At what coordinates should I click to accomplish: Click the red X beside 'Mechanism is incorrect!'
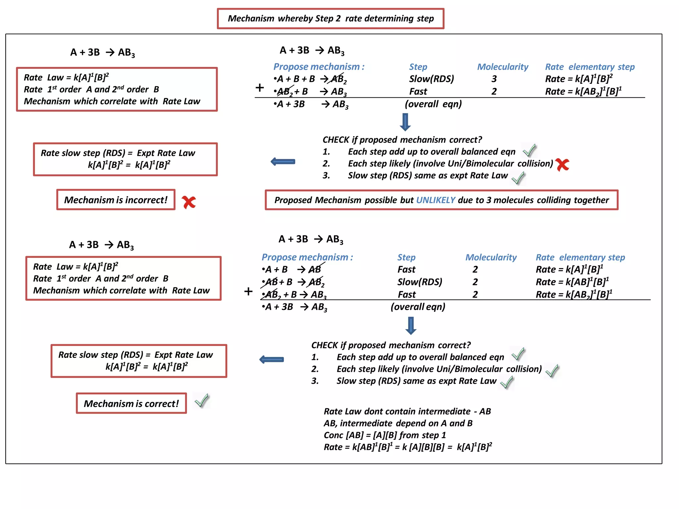(x=189, y=202)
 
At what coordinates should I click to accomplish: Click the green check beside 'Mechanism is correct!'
(x=202, y=401)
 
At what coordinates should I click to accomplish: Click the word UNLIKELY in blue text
(x=436, y=200)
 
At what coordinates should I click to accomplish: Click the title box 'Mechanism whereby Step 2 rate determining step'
(x=331, y=19)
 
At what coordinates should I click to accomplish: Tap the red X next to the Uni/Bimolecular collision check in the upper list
(x=562, y=164)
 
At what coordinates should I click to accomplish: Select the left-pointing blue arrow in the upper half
(x=283, y=162)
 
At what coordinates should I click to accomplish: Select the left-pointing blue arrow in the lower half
(x=272, y=360)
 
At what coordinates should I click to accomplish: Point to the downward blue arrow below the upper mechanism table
(x=405, y=122)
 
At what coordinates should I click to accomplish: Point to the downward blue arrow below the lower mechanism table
(x=411, y=326)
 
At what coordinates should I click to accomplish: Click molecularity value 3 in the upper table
(x=494, y=79)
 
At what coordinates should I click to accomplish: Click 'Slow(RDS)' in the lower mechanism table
(x=420, y=282)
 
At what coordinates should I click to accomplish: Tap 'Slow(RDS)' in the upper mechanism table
(x=431, y=79)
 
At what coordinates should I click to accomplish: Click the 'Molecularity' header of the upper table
(x=503, y=67)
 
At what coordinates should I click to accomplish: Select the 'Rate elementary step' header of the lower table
(x=580, y=257)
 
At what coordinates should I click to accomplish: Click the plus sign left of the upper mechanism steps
(x=260, y=88)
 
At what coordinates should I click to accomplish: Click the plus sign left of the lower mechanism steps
(x=248, y=292)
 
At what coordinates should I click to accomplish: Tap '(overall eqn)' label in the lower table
(x=418, y=307)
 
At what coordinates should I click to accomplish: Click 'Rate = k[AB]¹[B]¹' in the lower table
(x=572, y=282)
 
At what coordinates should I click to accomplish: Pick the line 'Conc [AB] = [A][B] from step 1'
(x=385, y=435)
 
